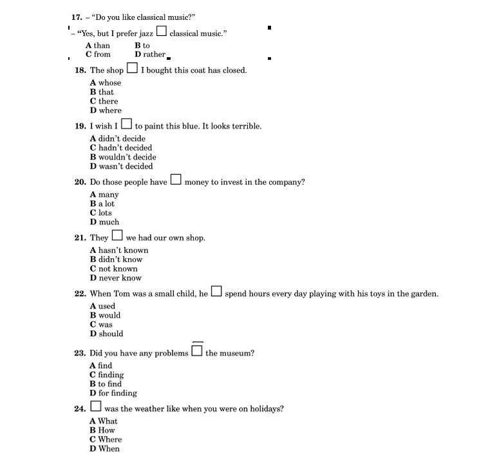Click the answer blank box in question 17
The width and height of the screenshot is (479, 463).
point(162,31)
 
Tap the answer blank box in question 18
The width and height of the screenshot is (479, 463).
point(132,68)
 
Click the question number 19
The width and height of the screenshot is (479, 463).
point(80,127)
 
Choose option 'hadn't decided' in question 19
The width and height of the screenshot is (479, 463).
point(121,148)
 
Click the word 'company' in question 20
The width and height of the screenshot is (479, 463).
point(285,183)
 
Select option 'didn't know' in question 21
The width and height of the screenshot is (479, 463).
point(116,260)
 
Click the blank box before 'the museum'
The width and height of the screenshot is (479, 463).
point(197,351)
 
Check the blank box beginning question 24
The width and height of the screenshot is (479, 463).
point(95,406)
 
